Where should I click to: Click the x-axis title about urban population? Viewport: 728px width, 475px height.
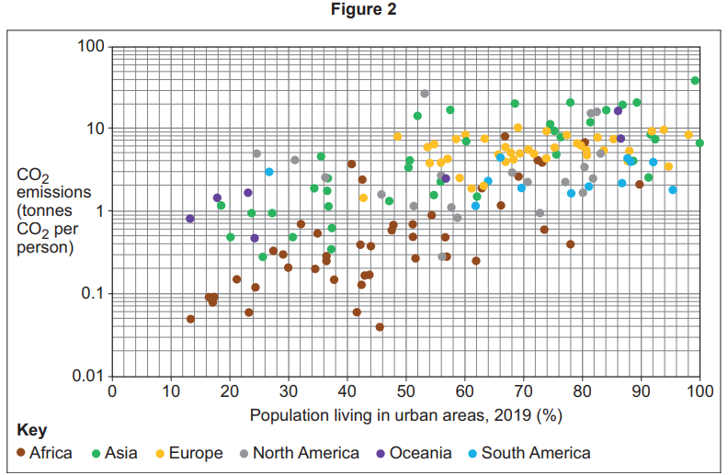pos(405,414)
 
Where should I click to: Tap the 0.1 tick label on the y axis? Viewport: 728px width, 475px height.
pos(89,294)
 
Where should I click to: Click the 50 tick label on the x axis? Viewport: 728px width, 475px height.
pos(405,391)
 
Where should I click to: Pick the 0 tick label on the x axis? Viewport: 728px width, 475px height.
pos(112,391)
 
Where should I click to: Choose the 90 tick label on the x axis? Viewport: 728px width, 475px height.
pos(641,391)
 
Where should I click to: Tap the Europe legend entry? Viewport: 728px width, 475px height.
pos(188,453)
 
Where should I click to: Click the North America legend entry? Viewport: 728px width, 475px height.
pos(298,453)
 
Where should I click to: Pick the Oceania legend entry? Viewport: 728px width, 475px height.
pos(413,453)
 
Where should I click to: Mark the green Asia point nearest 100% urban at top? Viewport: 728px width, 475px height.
pos(695,81)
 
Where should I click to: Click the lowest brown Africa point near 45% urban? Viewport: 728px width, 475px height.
pos(380,327)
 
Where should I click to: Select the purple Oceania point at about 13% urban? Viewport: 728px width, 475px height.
pos(190,219)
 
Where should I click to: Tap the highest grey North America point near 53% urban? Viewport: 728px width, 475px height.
pos(425,94)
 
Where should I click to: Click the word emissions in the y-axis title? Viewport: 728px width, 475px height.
pos(53,193)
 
